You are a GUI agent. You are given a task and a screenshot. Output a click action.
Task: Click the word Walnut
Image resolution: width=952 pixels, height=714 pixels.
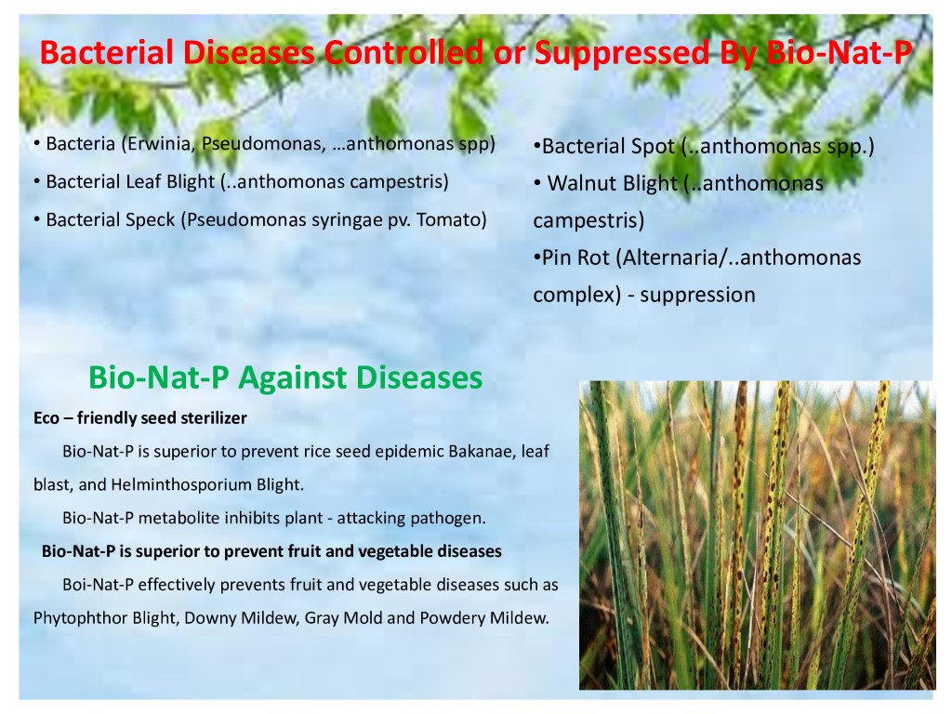coord(581,183)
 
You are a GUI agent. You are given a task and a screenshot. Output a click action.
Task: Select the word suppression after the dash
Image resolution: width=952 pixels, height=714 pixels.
coord(697,295)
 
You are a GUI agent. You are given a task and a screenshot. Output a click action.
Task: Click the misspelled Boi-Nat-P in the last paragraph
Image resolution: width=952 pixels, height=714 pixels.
coord(98,586)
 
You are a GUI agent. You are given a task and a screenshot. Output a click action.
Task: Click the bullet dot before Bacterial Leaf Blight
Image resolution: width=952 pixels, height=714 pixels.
coord(37,181)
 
